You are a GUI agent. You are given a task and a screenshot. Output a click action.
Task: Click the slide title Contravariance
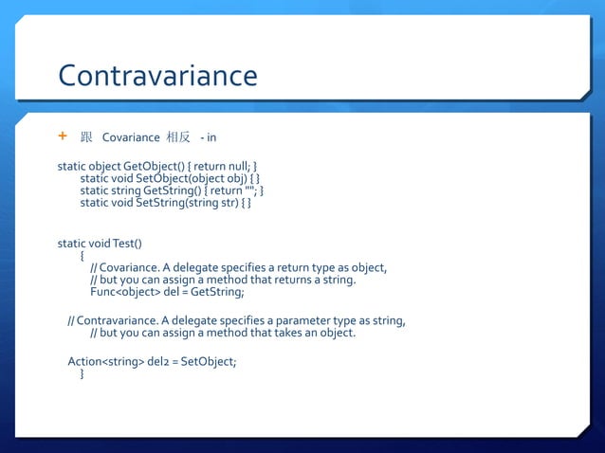pos(157,76)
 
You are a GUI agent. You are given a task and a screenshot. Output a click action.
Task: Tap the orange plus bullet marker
pos(64,136)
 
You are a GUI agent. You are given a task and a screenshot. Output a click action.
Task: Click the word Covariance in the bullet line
pos(131,137)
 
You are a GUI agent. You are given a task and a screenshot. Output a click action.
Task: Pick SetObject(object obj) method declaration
pos(192,178)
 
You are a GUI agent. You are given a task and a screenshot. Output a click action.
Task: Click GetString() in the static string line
pos(170,190)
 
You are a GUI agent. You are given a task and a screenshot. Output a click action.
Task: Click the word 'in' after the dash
pos(211,137)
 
